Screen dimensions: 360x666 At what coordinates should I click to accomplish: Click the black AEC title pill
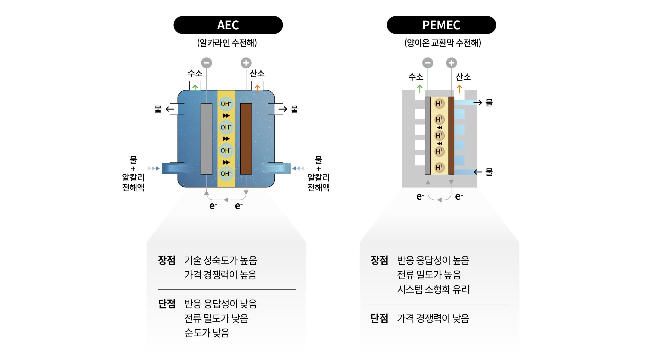(228, 25)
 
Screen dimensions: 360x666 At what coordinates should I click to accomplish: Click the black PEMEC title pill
(441, 25)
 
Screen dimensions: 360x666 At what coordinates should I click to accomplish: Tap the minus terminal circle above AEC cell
(207, 63)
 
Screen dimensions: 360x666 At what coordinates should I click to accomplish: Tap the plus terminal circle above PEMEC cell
(451, 63)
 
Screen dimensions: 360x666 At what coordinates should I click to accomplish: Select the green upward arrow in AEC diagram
(195, 88)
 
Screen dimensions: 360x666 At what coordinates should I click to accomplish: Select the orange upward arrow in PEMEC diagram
(459, 89)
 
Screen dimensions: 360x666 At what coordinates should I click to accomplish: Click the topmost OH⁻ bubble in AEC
(226, 104)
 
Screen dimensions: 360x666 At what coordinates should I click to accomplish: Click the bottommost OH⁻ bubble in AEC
(226, 174)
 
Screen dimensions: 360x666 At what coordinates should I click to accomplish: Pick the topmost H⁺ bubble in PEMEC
(440, 103)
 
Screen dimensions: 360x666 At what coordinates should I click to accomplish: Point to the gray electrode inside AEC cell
(207, 139)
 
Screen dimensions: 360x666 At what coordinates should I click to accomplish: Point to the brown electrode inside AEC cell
(246, 139)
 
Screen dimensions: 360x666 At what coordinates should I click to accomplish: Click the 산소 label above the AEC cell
(257, 73)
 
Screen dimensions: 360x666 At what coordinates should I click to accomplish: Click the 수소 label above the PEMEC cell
(416, 77)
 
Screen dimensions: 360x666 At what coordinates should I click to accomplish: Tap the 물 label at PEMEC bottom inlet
(489, 172)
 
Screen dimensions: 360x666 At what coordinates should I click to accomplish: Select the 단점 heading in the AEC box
(166, 304)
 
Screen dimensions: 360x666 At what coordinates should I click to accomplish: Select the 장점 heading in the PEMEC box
(379, 260)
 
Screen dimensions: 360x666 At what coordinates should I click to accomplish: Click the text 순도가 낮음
(207, 333)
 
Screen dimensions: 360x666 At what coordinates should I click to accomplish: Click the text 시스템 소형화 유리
(433, 289)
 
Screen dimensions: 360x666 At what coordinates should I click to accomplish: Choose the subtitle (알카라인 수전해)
(227, 43)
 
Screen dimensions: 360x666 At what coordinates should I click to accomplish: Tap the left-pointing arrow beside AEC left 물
(170, 109)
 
